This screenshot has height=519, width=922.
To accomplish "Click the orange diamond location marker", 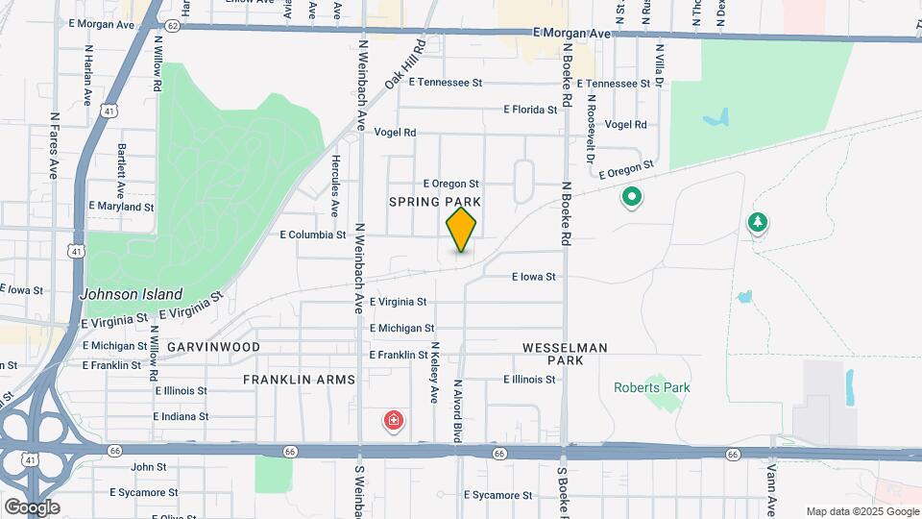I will (x=461, y=230).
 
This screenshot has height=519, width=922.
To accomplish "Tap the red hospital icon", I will (x=393, y=420).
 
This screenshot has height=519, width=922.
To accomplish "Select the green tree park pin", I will (x=758, y=223).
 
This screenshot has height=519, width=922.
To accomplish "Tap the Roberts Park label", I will (x=650, y=387).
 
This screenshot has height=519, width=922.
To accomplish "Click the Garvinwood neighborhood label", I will (x=213, y=346).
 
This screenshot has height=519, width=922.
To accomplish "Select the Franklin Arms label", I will (x=299, y=380).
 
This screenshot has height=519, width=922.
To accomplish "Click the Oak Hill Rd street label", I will (x=405, y=65).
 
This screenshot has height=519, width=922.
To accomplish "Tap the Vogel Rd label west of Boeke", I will (x=395, y=133).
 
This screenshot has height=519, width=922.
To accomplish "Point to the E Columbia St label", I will (x=313, y=235).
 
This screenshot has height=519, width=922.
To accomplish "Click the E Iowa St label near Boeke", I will (x=533, y=277).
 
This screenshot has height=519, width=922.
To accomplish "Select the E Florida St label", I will (x=530, y=110).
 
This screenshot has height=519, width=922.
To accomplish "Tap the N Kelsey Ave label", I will (x=434, y=371).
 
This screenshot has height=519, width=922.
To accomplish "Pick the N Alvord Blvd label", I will (x=458, y=409).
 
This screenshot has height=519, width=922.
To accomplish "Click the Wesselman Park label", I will (x=565, y=353).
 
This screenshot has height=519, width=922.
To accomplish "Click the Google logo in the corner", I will (x=32, y=507).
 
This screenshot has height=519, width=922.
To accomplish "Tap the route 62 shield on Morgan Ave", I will (x=171, y=26).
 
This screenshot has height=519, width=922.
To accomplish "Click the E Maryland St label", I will (x=121, y=207).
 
